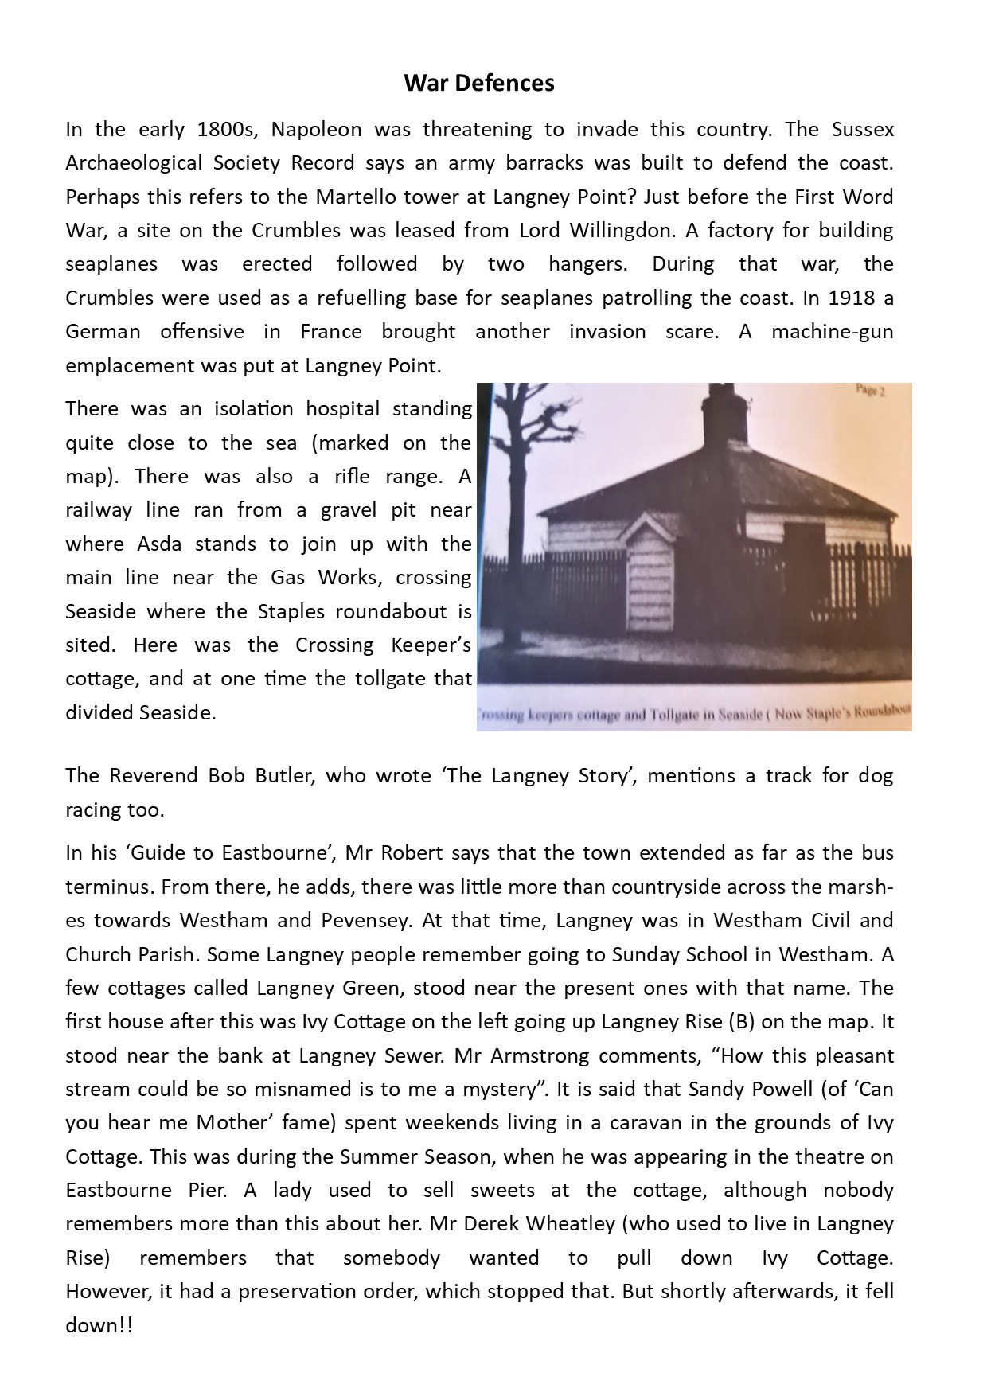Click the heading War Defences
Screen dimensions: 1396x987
tap(478, 83)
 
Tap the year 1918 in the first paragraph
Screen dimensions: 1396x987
tap(851, 298)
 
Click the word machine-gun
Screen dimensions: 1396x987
tap(832, 331)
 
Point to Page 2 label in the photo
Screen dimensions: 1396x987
tap(871, 391)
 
